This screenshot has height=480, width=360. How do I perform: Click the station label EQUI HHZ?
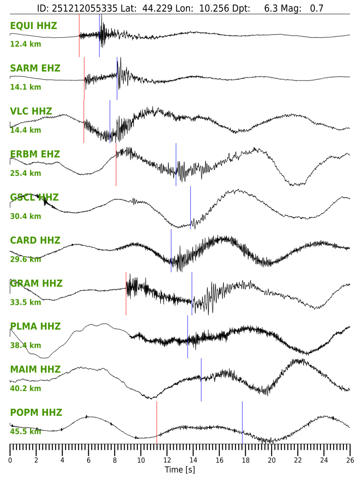click(x=33, y=26)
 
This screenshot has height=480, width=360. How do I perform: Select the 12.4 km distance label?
click(x=26, y=44)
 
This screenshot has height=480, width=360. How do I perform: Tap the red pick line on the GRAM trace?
click(x=126, y=293)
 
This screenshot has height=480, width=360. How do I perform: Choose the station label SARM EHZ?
click(x=35, y=68)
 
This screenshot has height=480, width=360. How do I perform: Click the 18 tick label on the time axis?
click(x=246, y=460)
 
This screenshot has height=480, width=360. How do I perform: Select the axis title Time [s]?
click(x=180, y=470)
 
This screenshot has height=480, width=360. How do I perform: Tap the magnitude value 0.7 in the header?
click(x=317, y=8)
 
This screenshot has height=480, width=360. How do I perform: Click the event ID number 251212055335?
click(x=85, y=8)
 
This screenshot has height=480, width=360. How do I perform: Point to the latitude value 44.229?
click(x=157, y=8)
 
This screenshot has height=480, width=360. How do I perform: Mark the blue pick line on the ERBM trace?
click(x=176, y=165)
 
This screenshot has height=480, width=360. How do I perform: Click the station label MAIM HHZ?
click(x=35, y=369)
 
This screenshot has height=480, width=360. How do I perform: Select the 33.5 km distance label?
click(x=26, y=302)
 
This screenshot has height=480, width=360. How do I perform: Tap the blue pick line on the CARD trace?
click(x=171, y=251)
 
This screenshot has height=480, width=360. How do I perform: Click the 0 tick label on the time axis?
click(x=10, y=460)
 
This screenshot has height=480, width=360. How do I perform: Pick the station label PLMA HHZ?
click(x=35, y=327)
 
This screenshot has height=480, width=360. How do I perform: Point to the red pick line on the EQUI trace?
click(x=79, y=35)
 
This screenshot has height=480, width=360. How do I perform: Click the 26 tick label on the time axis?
click(x=350, y=460)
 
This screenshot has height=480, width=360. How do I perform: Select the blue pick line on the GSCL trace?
click(x=190, y=207)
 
